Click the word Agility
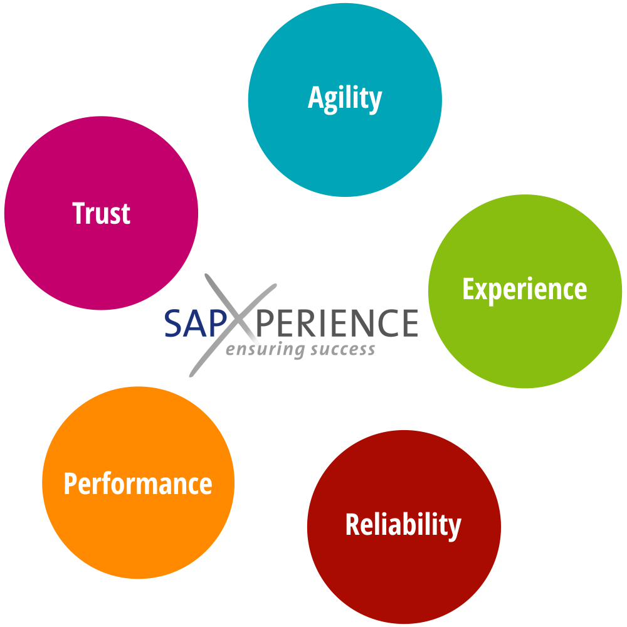pyautogui.click(x=345, y=99)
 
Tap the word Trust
pyautogui.click(x=101, y=213)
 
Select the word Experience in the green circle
pyautogui.click(x=524, y=289)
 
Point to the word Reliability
pyautogui.click(x=403, y=525)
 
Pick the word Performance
pyautogui.click(x=138, y=484)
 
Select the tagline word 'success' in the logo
pyautogui.click(x=342, y=349)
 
